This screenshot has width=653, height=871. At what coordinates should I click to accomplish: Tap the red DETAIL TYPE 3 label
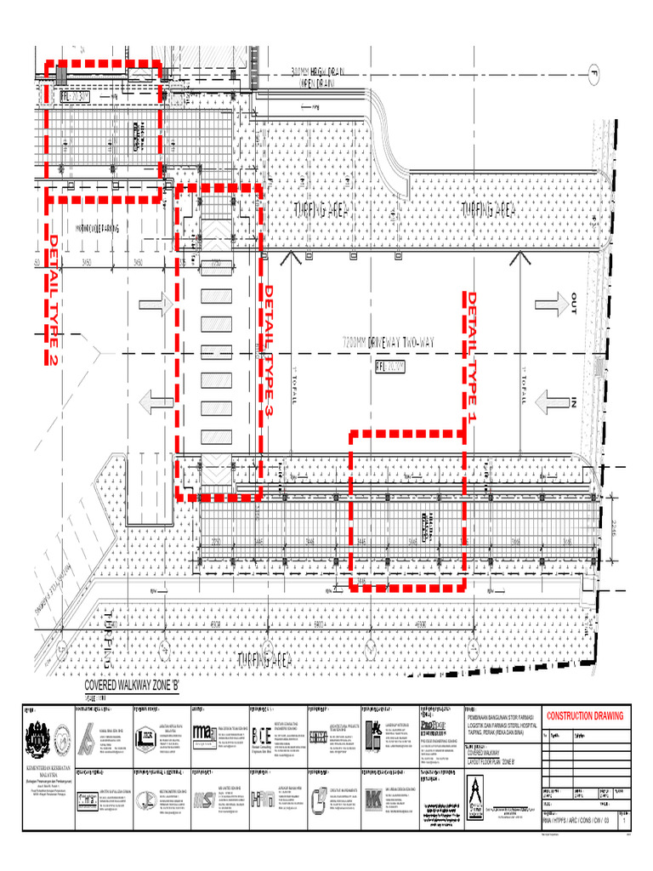tap(269, 350)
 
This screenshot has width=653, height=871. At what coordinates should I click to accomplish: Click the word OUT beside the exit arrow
tap(574, 303)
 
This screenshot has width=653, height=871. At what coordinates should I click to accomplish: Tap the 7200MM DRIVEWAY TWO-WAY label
tap(389, 341)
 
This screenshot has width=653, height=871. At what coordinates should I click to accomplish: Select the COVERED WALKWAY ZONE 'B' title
tap(132, 686)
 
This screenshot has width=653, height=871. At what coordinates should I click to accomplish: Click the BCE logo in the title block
tap(263, 737)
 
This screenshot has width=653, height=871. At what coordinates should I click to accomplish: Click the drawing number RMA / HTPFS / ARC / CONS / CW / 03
tap(576, 823)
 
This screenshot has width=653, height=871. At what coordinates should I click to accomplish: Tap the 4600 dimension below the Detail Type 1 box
tap(420, 625)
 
